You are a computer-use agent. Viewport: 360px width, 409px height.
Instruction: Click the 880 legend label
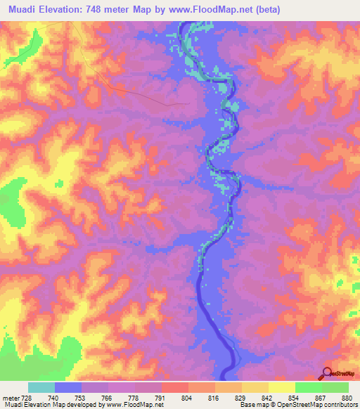click(x=346, y=398)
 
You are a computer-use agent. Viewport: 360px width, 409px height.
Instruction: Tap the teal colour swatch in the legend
click(x=41, y=387)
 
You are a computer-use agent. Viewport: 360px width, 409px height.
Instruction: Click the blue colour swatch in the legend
click(x=68, y=387)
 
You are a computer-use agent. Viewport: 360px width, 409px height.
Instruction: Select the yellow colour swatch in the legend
click(x=281, y=387)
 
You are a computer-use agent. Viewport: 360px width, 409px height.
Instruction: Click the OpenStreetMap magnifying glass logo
click(x=326, y=373)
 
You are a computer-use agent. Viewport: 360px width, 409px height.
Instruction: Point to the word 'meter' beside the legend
click(x=10, y=398)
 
